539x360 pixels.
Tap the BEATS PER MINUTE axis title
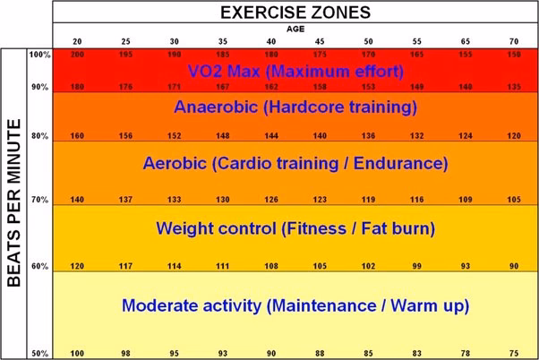15,205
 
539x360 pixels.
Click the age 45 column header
319,41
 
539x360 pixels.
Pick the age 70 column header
513,41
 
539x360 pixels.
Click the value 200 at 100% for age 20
77,56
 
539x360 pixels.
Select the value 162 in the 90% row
270,87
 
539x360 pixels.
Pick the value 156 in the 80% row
124,136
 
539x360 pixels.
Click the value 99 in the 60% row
415,267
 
